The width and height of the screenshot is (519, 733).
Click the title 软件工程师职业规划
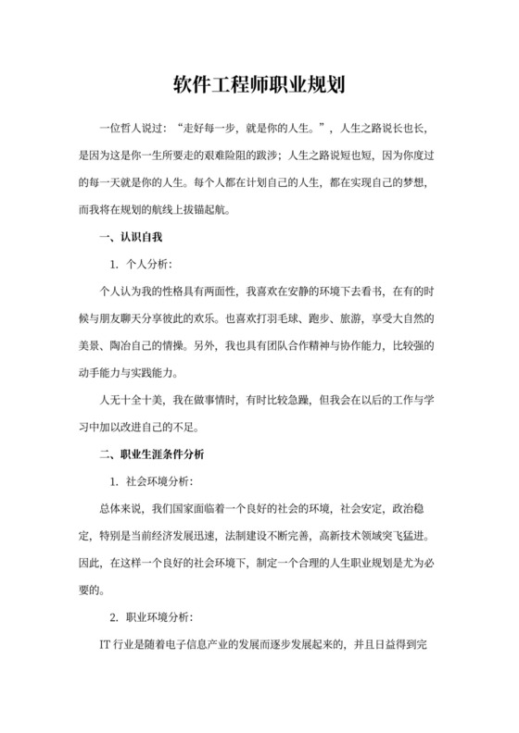[259, 86]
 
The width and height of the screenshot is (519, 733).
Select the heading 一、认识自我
[123, 238]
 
